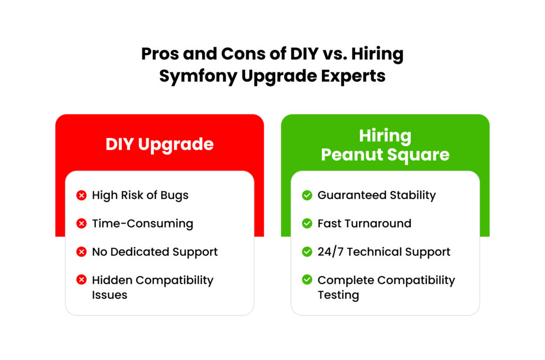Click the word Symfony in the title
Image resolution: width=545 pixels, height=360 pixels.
tap(198, 76)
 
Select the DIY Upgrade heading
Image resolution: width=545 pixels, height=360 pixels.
tap(160, 145)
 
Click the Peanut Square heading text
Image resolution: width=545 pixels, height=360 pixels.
tap(385, 155)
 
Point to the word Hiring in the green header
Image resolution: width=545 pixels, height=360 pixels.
tap(385, 136)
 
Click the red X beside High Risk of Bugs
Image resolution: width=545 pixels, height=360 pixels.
tap(81, 195)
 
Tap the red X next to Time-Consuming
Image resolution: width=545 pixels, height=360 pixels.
tap(81, 223)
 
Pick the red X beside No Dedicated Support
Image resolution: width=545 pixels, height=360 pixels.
tap(81, 252)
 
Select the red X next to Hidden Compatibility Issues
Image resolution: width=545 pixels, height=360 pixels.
tap(81, 280)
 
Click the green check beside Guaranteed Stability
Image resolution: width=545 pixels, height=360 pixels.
tap(307, 195)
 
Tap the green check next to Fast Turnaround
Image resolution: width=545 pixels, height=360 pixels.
tap(307, 223)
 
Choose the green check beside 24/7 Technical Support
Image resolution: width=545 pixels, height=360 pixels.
tap(307, 252)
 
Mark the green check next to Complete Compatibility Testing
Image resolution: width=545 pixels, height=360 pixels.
tap(307, 280)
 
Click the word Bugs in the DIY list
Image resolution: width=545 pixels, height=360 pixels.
tap(175, 196)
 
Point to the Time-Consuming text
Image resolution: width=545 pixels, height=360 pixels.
tap(143, 223)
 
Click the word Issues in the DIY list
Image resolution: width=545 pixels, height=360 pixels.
tap(110, 295)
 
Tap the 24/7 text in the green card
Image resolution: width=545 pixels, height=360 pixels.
tap(331, 252)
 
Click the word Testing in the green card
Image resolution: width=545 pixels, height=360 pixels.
tap(338, 295)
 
